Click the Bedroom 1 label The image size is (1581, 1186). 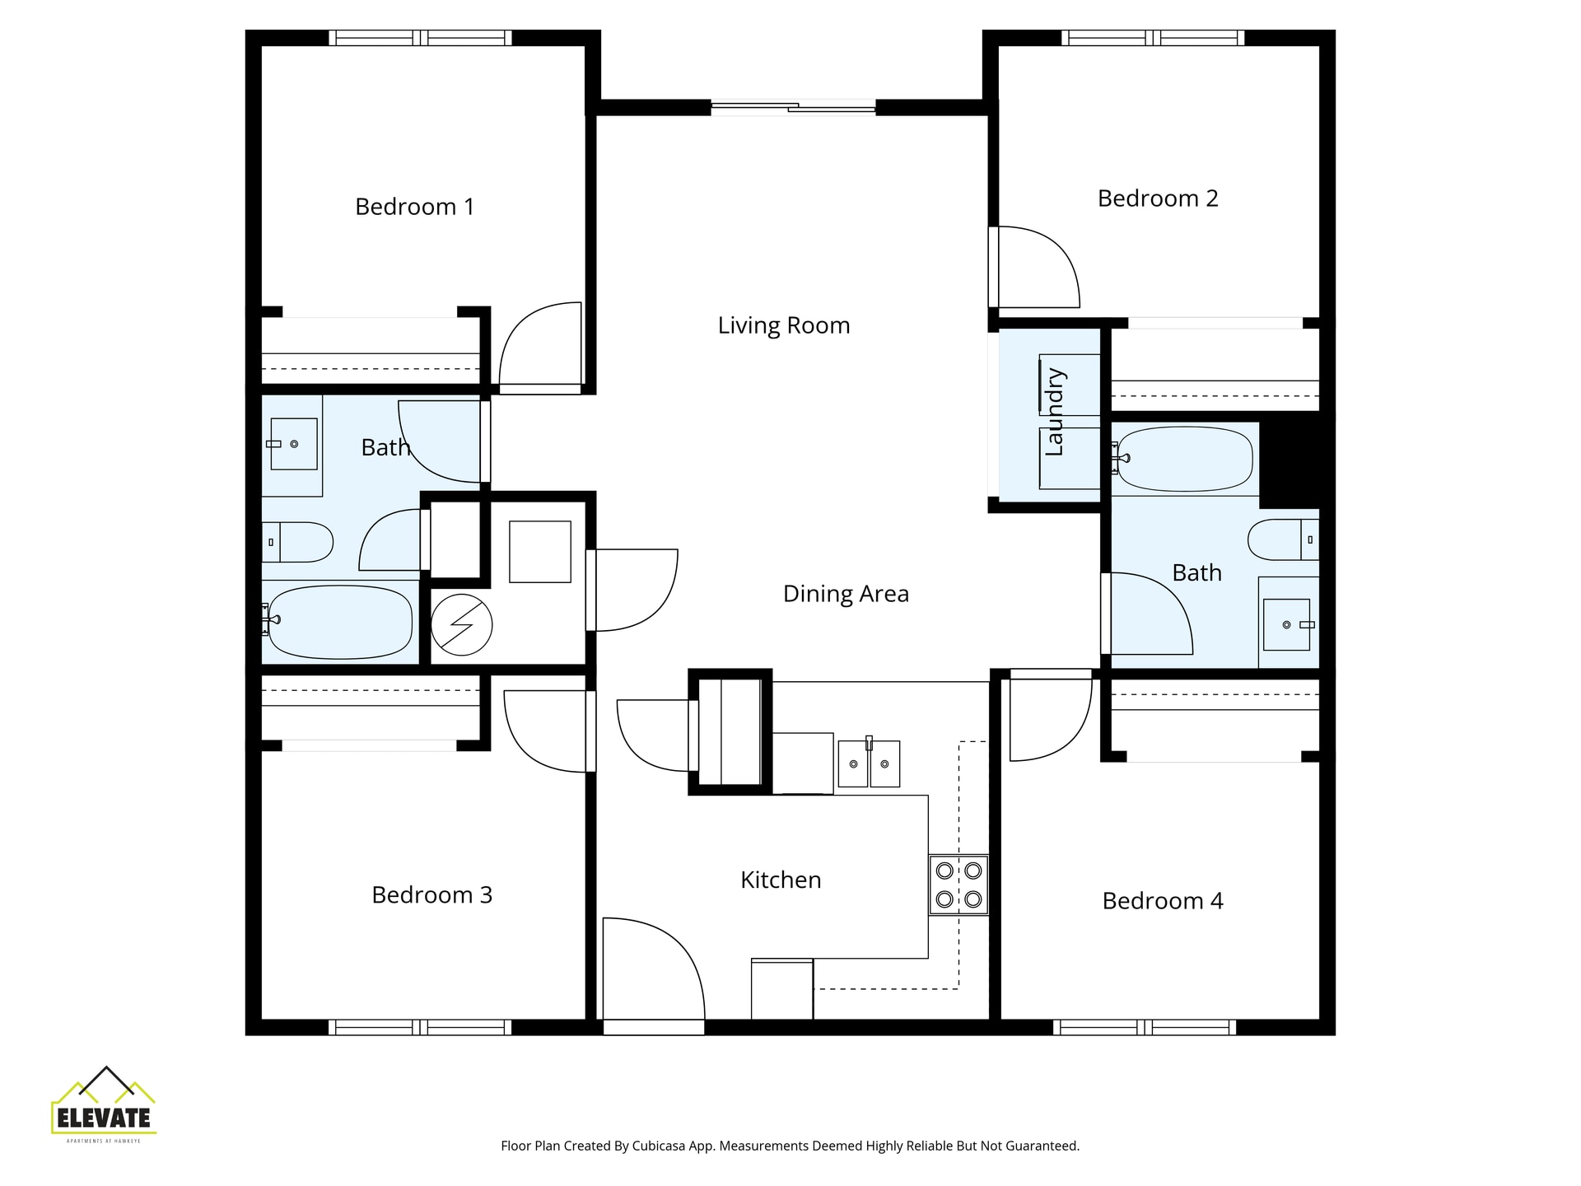[414, 207]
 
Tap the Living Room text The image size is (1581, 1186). [783, 325]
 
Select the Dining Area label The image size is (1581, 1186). [846, 594]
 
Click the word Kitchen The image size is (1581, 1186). [781, 880]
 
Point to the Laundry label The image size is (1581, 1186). [1055, 412]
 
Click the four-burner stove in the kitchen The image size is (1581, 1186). [958, 885]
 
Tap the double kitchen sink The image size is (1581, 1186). [869, 763]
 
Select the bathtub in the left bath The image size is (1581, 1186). [340, 622]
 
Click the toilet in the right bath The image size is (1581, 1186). [1281, 540]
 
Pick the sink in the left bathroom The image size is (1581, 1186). [293, 444]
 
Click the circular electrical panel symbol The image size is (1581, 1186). [461, 625]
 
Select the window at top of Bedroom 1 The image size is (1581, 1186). [420, 38]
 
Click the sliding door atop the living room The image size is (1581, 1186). [793, 107]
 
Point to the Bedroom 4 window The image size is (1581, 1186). [1144, 1027]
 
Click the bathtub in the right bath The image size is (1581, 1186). [1184, 459]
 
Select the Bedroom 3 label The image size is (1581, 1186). [431, 895]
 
